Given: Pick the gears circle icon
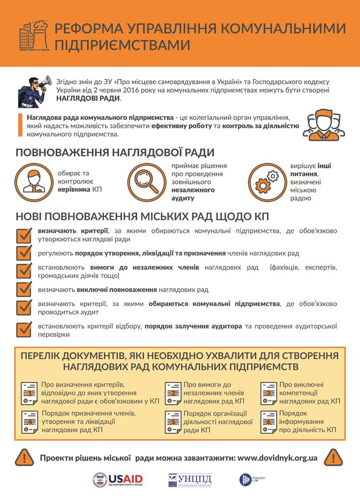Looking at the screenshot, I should pyautogui.click(x=267, y=181).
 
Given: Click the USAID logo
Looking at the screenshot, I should pyautogui.click(x=118, y=480).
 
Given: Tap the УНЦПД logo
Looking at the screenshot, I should pyautogui.click(x=192, y=480).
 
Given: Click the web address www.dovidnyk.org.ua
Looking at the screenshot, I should pyautogui.click(x=277, y=457).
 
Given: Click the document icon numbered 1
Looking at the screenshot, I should pyautogui.click(x=30, y=392).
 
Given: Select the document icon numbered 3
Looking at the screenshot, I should pyautogui.click(x=269, y=392).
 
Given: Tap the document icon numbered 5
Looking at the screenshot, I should pyautogui.click(x=173, y=420).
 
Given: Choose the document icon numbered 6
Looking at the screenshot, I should pyautogui.click(x=269, y=420).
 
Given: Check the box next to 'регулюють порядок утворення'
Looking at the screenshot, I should pyautogui.click(x=24, y=253).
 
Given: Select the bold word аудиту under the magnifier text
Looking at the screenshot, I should pyautogui.click(x=183, y=199).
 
